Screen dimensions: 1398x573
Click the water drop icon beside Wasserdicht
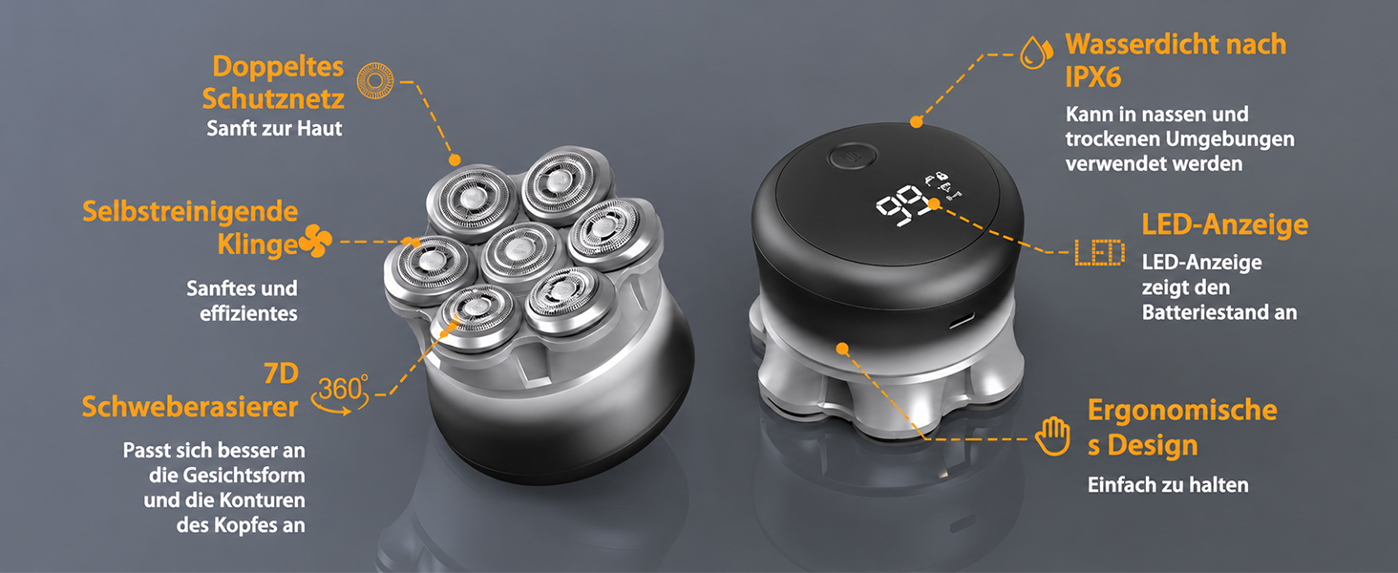pyautogui.click(x=1036, y=53)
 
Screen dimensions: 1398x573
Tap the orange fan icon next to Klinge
pyautogui.click(x=316, y=242)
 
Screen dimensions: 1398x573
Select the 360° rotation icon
pyautogui.click(x=341, y=394)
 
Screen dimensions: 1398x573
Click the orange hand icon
pyautogui.click(x=1053, y=435)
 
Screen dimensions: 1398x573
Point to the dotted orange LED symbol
pyautogui.click(x=1100, y=253)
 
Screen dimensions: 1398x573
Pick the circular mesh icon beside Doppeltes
pyautogui.click(x=375, y=80)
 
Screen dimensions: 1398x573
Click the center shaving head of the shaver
pyautogui.click(x=519, y=252)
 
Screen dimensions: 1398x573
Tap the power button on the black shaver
pyautogui.click(x=852, y=157)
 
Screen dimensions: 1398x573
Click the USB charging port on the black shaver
pyautogui.click(x=961, y=322)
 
